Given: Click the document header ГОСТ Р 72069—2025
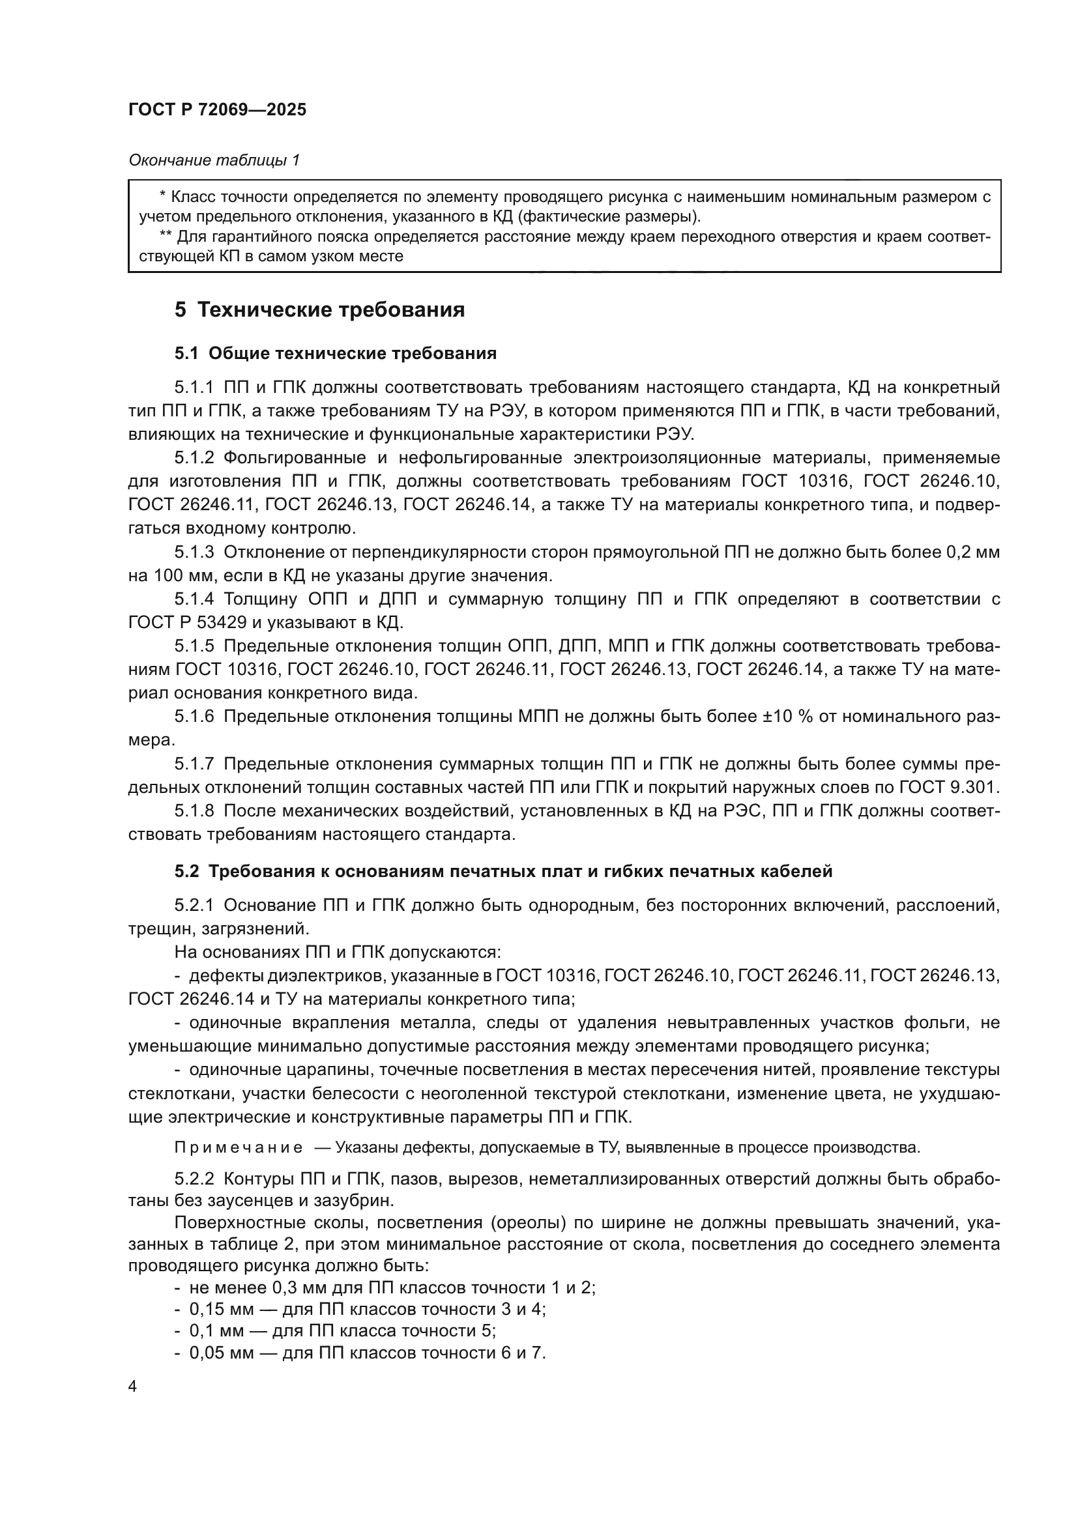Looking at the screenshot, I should pos(217,110).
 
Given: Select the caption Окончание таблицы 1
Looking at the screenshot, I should pos(214,160).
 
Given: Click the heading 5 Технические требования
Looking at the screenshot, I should pos(319,310).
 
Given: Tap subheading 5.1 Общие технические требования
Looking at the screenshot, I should pos(335,354).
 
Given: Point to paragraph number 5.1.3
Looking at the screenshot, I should pos(194,553).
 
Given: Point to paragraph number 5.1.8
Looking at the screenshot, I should pos(194,811).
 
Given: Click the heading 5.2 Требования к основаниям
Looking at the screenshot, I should pos(503,872).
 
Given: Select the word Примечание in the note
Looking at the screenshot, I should pos(239,1147).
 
